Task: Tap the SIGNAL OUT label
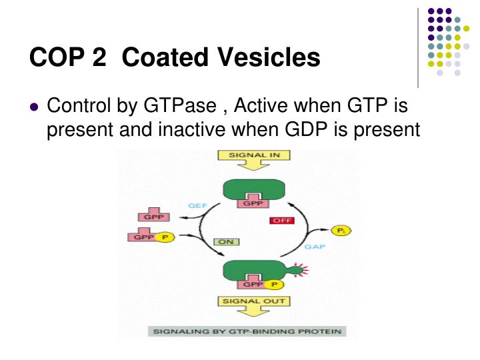[x=246, y=301]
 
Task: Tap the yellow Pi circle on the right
[x=341, y=230]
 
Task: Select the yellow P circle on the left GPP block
[x=165, y=237]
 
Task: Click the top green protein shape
[x=253, y=189]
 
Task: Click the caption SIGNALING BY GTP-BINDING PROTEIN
[x=243, y=331]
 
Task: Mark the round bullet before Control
[x=35, y=107]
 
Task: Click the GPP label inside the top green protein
[x=253, y=203]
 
